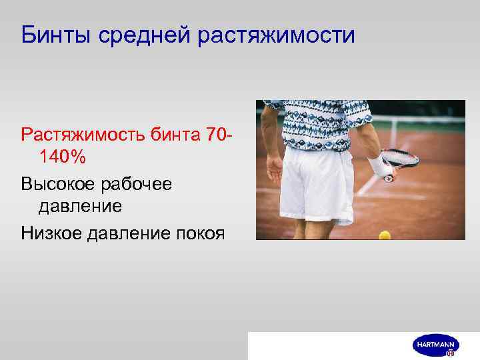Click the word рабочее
coord(139,183)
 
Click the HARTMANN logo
coord(435,345)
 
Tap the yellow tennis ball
coord(384,235)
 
